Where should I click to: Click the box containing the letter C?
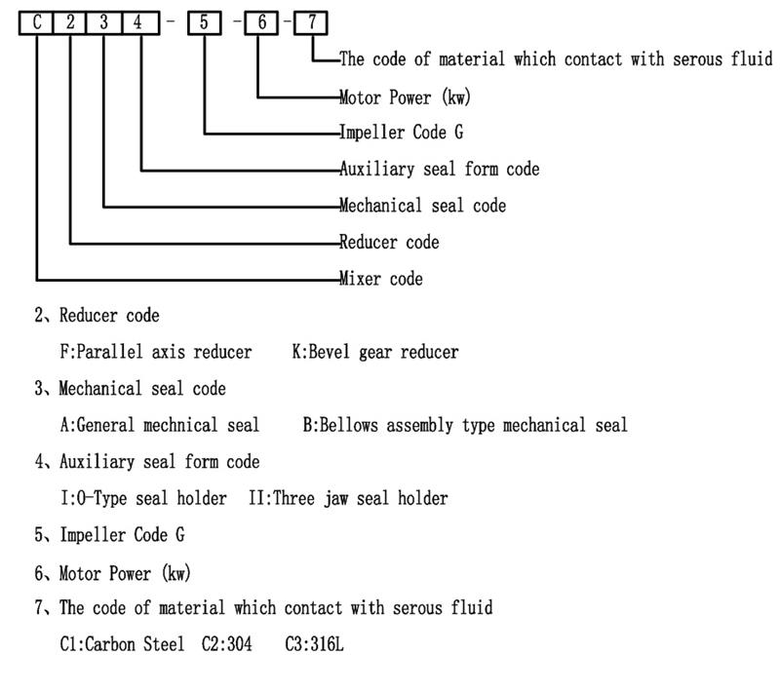(x=37, y=21)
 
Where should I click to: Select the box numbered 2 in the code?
(x=70, y=21)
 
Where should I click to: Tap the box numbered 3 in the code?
(x=104, y=21)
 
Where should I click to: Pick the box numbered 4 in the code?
(x=139, y=21)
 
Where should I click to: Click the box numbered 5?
(x=205, y=21)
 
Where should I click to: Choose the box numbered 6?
(x=262, y=21)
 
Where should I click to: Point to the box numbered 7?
(x=311, y=21)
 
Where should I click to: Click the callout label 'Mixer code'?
(x=381, y=279)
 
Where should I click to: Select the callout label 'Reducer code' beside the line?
(x=389, y=242)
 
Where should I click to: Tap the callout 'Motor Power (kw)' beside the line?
(x=401, y=96)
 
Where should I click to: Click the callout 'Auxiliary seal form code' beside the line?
(x=439, y=169)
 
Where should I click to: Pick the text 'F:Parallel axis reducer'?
(x=155, y=352)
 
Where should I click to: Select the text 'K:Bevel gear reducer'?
(x=374, y=352)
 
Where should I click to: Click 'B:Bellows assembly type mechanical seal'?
(x=465, y=425)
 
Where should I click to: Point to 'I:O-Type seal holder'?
(x=142, y=498)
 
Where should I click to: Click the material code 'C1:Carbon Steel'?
(x=121, y=644)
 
